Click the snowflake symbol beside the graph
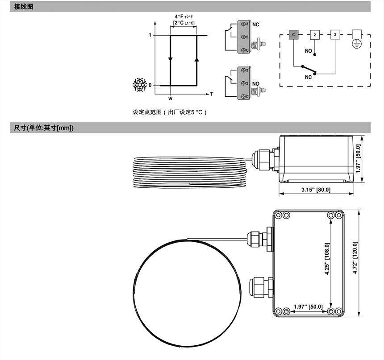pyautogui.click(x=140, y=85)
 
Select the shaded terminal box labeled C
pyautogui.click(x=293, y=35)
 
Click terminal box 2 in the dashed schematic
pyautogui.click(x=315, y=35)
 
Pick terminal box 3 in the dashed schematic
pyautogui.click(x=335, y=35)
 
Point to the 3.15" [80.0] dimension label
pyautogui.click(x=316, y=190)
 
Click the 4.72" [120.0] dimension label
pyautogui.click(x=355, y=258)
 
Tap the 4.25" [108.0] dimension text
pyautogui.click(x=327, y=259)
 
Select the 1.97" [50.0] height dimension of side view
pyautogui.click(x=358, y=158)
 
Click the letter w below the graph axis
pyautogui.click(x=170, y=99)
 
